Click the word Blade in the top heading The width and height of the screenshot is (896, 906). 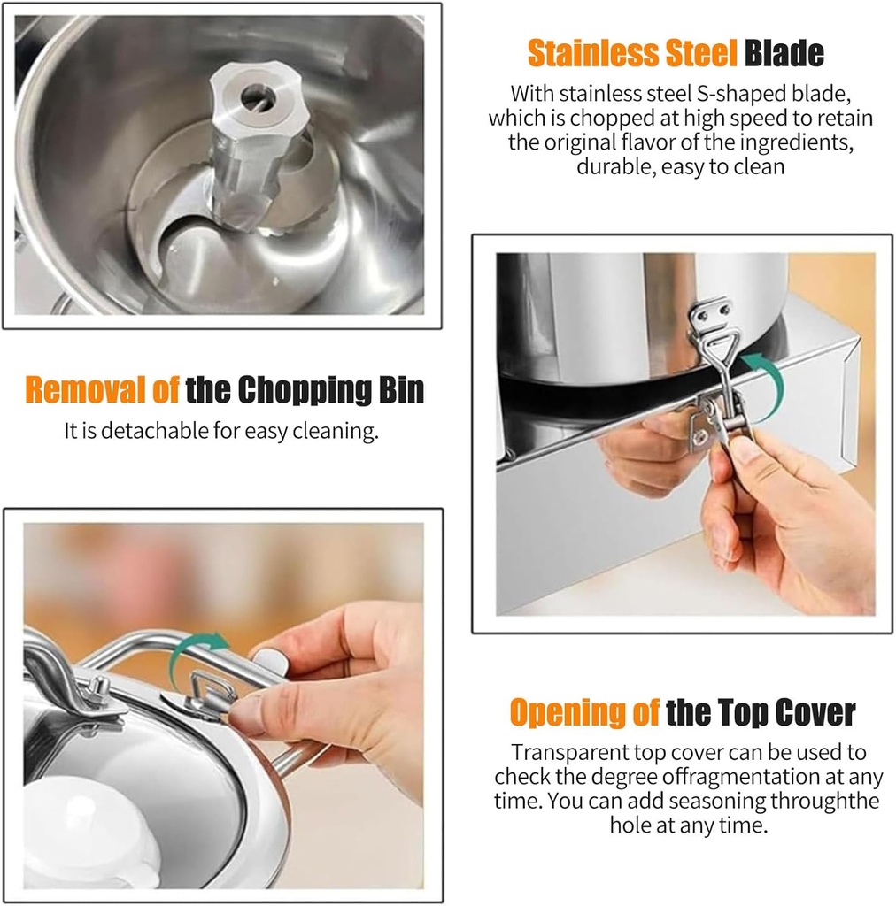[x=784, y=54]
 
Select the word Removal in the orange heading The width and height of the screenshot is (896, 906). [x=85, y=390]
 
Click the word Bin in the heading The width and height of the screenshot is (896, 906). [x=401, y=390]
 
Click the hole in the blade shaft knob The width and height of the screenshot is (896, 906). [x=255, y=96]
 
